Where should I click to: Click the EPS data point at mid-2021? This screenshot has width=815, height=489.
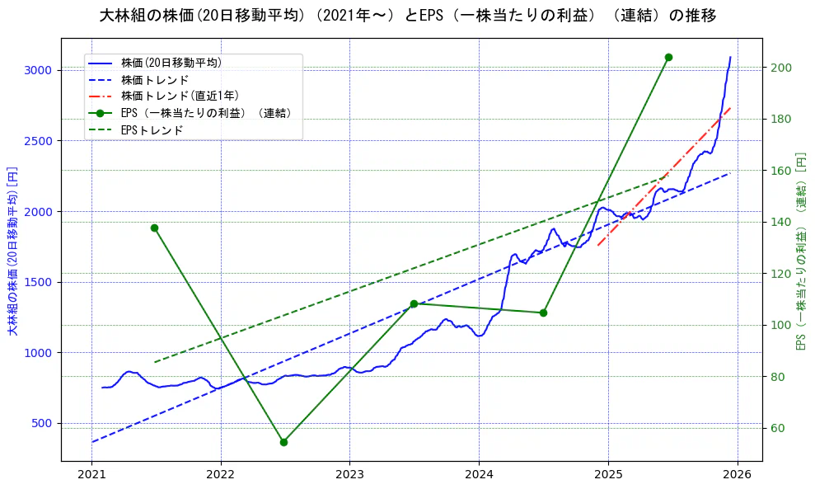click(x=154, y=228)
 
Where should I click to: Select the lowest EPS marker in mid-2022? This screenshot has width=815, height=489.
click(x=283, y=442)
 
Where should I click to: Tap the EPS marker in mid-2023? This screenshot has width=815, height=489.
click(x=414, y=304)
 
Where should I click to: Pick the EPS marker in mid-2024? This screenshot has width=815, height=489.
click(x=543, y=313)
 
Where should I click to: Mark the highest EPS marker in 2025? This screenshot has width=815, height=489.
click(x=668, y=57)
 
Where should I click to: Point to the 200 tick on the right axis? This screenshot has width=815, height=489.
click(x=781, y=68)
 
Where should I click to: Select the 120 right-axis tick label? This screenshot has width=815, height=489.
click(x=781, y=274)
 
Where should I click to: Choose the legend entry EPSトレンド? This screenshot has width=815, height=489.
click(x=152, y=130)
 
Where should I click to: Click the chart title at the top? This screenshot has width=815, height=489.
click(x=407, y=16)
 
